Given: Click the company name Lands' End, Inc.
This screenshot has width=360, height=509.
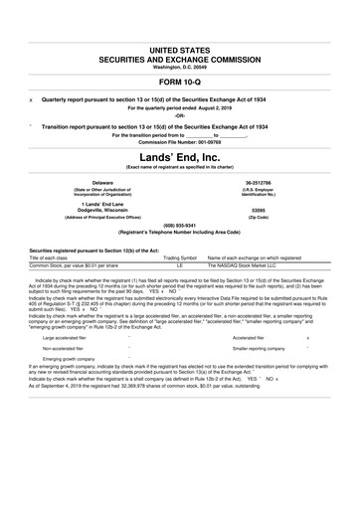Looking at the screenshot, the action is pos(180,156).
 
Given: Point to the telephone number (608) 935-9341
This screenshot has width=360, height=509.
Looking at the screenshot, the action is pos(180,224).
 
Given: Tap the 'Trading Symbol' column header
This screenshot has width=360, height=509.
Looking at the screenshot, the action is pos(180,258).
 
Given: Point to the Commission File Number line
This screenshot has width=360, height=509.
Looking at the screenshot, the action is pos(180,141).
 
